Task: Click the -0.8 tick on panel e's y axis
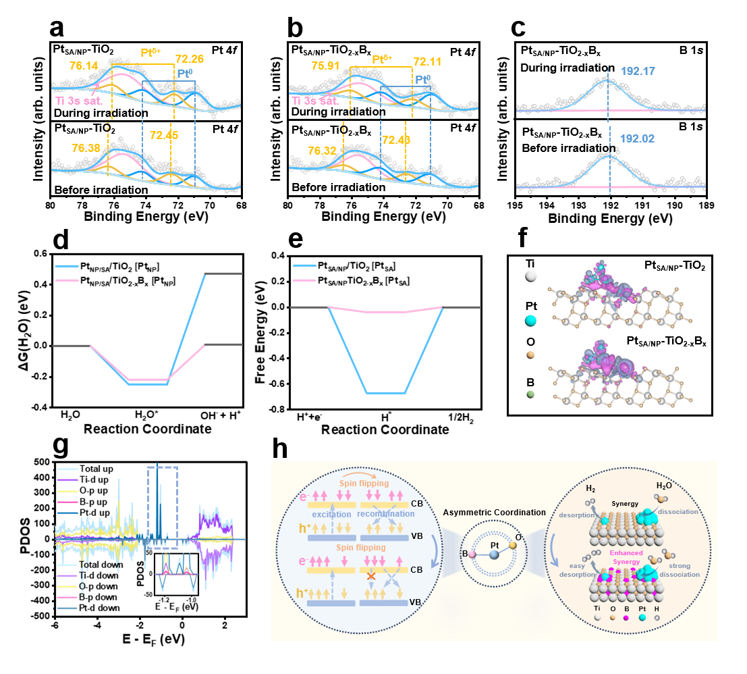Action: [x=274, y=409]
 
